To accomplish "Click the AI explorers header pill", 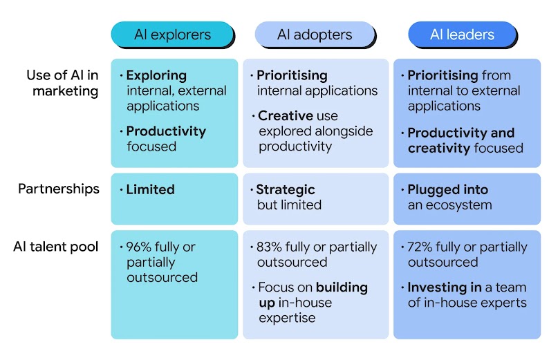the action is [x=173, y=35].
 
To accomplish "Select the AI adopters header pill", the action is [x=315, y=35].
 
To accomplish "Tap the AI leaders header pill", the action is [x=462, y=35].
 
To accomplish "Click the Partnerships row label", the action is [x=59, y=189].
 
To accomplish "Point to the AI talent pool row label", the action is [x=56, y=247].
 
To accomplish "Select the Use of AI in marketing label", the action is [x=62, y=83].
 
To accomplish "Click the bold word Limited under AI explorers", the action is [x=150, y=189].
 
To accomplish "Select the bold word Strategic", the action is [x=286, y=190].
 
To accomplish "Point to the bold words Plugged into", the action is [x=448, y=190].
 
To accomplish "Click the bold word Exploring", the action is [x=156, y=76].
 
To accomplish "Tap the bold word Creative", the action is [x=286, y=116].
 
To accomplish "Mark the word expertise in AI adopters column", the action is [x=287, y=319].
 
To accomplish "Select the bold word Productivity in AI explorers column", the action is [x=166, y=131].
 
